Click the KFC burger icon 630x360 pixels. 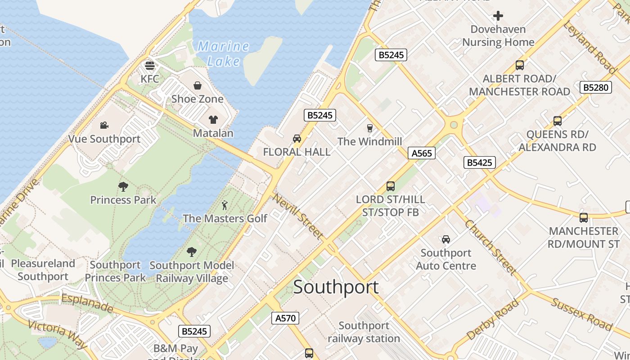pos(150,66)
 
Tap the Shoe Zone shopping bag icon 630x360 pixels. pos(197,85)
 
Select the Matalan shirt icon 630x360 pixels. pos(213,120)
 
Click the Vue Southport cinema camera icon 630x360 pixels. pos(104,125)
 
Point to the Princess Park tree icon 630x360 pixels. pos(123,186)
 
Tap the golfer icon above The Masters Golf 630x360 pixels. pos(225,205)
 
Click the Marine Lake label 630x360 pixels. pos(224,53)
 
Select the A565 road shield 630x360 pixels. pos(422,153)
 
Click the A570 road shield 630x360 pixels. pos(285,318)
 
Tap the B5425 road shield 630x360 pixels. pos(479,162)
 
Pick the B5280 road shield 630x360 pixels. pos(596,87)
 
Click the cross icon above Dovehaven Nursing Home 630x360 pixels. pos(498,16)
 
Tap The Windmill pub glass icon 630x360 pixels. pos(369,128)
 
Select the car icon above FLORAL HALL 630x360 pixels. pos(297,139)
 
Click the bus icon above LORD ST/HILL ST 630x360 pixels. pos(390,186)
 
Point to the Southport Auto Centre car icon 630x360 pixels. pos(445,239)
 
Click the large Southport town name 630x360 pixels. pos(336,287)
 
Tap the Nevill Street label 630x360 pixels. pos(297,216)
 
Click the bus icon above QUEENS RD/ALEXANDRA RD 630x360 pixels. pos(557,121)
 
